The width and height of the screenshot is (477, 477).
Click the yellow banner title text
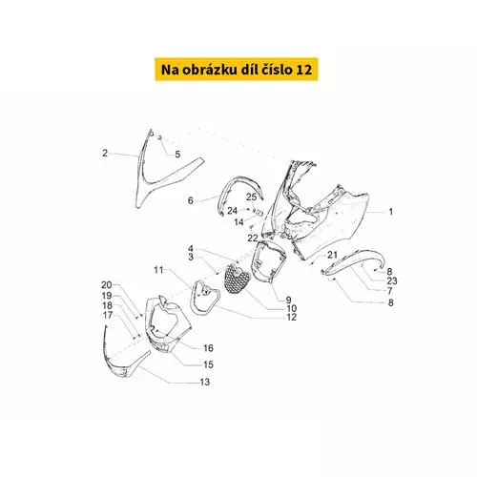pos(237,70)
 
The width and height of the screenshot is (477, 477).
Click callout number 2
pos(105,153)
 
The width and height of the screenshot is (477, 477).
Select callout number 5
pos(177,155)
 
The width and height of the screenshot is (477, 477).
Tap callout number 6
pos(190,200)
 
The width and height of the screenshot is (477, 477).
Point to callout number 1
pos(391,212)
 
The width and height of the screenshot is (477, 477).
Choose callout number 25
pos(251,197)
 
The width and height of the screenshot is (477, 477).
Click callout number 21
pos(332,255)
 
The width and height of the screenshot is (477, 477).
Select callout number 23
pos(392,280)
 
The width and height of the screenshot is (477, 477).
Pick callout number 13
pos(205,382)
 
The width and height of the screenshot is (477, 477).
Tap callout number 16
pos(208,348)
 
